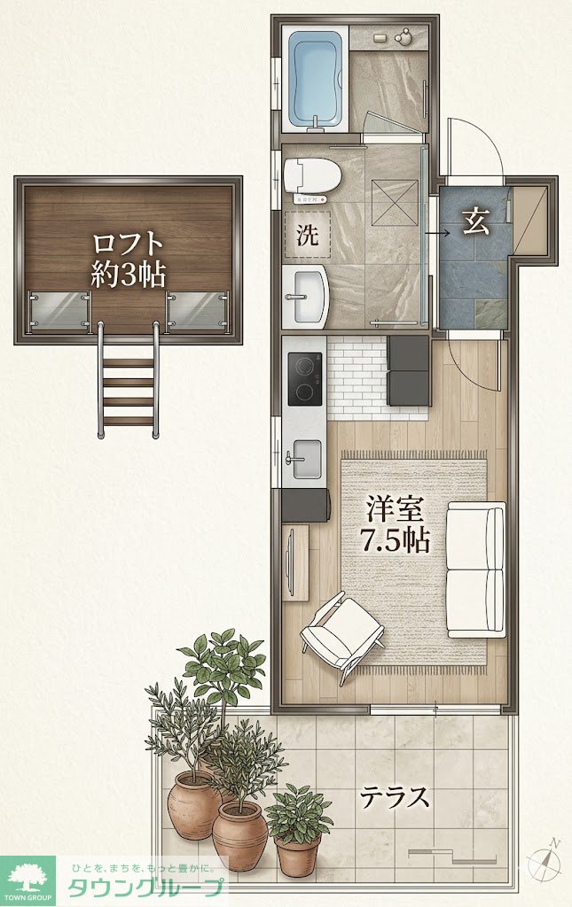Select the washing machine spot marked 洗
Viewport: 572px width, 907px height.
307,234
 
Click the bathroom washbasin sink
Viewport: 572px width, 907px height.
305,296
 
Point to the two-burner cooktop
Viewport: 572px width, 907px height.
304,378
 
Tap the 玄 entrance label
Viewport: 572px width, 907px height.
475,221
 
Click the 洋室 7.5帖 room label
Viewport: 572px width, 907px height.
396,524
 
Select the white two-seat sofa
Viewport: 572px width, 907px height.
476,570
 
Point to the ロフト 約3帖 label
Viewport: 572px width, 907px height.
128,260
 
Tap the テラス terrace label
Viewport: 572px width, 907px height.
396,796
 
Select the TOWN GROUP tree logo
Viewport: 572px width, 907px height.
27,878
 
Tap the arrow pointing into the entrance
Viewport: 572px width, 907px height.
438,233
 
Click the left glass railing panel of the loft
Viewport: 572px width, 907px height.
59,311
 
